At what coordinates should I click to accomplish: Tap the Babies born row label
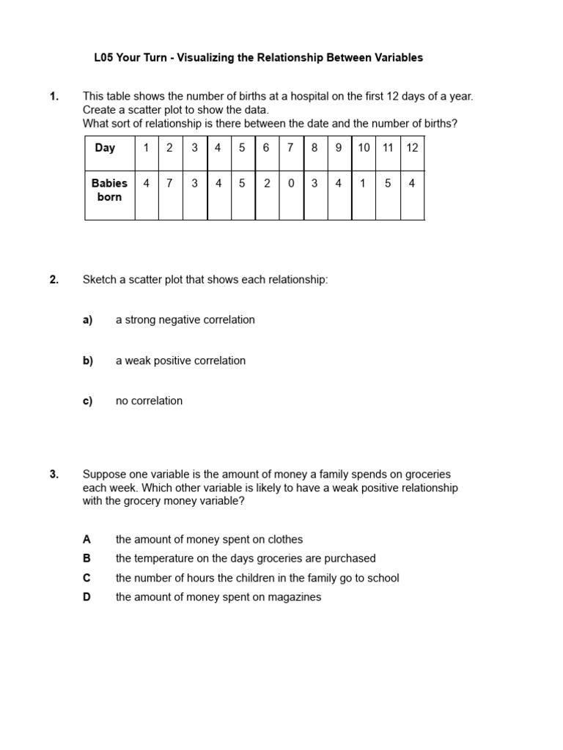[109, 190]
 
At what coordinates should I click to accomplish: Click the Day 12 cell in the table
[412, 148]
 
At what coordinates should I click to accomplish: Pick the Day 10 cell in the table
[364, 148]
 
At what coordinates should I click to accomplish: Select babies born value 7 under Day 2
[169, 184]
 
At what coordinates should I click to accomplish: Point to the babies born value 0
[291, 184]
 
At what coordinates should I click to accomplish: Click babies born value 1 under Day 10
[363, 184]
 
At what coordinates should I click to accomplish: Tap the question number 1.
[54, 96]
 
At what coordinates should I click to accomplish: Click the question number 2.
[54, 280]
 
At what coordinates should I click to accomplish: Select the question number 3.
[54, 474]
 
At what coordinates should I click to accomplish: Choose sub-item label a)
[88, 320]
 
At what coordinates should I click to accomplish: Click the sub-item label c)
[88, 401]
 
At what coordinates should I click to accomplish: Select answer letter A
[87, 539]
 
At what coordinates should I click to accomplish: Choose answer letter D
[87, 597]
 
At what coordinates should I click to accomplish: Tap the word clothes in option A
[284, 539]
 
